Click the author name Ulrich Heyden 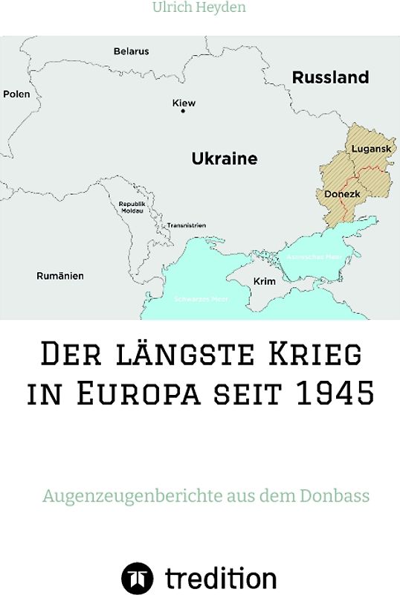[x=199, y=8]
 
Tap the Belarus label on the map [x=131, y=51]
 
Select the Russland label [x=330, y=77]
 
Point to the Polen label [x=16, y=94]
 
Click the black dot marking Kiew [x=184, y=112]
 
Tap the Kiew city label [x=184, y=103]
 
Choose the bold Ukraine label [x=225, y=158]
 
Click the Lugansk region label [x=371, y=149]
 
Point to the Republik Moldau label [x=132, y=206]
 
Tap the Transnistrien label [x=187, y=225]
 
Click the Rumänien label [x=60, y=276]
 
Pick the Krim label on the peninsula [x=264, y=282]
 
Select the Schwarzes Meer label [x=201, y=299]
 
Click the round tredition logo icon [x=138, y=578]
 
